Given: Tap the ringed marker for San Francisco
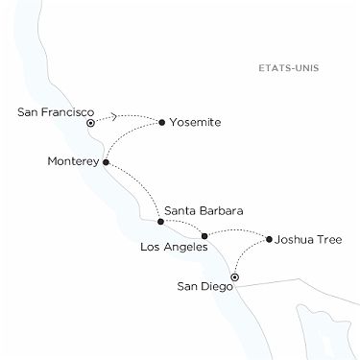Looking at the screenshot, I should click(90, 123).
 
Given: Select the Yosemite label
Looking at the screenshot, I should click(196, 123).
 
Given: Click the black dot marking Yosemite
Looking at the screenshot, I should click(161, 122).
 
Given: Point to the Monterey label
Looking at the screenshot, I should click(73, 162).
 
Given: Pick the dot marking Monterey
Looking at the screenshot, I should click(106, 162).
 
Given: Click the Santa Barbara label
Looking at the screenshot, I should click(203, 209).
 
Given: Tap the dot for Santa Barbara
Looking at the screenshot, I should click(160, 222).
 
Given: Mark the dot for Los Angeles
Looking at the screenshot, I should click(204, 236).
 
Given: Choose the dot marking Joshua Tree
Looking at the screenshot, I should click(269, 239).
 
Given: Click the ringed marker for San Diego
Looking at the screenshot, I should click(234, 277).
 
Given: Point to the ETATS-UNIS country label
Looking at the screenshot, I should click(289, 69).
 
